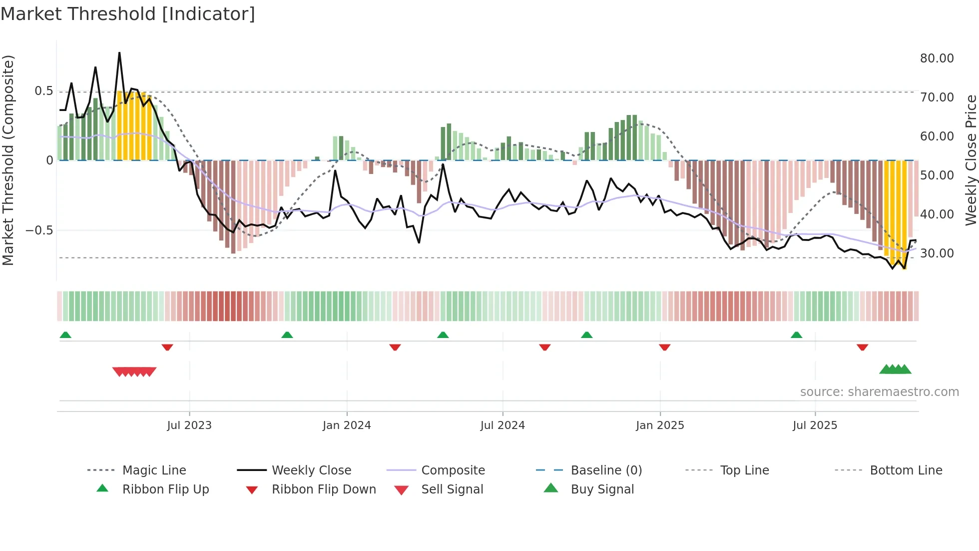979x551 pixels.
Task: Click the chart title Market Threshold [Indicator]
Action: [128, 14]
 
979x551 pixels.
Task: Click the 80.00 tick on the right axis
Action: [937, 58]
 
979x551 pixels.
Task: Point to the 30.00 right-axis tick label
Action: [937, 253]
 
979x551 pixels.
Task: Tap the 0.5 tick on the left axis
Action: [43, 91]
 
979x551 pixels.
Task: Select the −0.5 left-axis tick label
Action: [39, 230]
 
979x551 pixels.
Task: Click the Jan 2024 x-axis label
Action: [347, 425]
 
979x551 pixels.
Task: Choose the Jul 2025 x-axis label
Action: [815, 425]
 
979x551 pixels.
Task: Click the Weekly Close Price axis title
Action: [970, 160]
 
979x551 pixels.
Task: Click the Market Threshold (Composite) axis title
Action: [8, 160]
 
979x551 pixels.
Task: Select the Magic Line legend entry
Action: [154, 470]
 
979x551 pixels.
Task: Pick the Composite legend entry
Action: [453, 470]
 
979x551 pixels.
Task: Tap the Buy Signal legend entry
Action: [602, 489]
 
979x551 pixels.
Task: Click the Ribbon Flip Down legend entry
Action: [323, 489]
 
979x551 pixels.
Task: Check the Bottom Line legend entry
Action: [906, 470]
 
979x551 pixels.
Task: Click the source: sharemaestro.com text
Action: [879, 392]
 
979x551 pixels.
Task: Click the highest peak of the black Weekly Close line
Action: [119, 52]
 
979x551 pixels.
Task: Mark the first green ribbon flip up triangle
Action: [65, 335]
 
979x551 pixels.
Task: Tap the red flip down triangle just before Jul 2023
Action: [167, 347]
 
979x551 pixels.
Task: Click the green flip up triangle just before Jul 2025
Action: [796, 335]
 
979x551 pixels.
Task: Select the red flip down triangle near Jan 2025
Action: [664, 347]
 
